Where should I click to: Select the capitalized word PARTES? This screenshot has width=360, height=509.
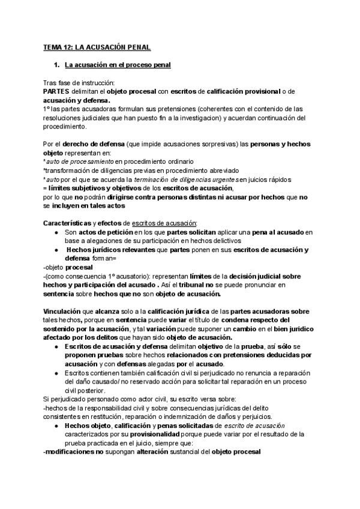click(x=57, y=91)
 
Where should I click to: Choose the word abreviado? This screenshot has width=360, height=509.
click(x=217, y=170)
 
